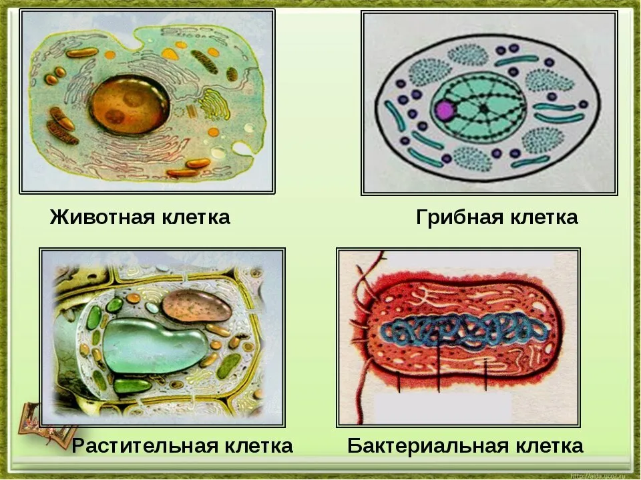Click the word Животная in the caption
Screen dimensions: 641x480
(102, 217)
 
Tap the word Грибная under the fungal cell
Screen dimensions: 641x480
(459, 217)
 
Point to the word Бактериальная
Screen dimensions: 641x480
(427, 446)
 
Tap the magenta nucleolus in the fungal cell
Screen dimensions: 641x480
(445, 110)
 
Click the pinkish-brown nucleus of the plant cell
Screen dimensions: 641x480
(196, 306)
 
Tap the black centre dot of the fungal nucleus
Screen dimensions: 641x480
(484, 109)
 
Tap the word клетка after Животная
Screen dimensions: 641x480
(196, 217)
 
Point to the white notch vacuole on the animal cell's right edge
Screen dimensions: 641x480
(242, 149)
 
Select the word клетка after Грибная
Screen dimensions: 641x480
(544, 217)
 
